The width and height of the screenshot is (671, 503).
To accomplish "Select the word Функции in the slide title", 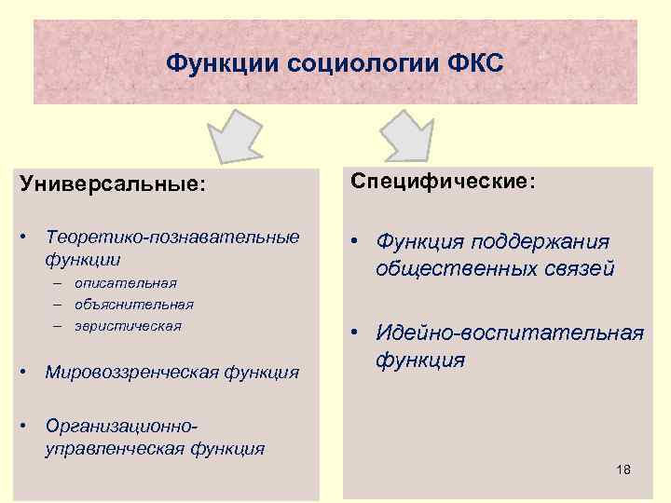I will [225, 64].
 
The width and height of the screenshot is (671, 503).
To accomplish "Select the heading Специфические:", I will [442, 181].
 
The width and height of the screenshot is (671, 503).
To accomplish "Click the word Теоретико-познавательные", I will [172, 238].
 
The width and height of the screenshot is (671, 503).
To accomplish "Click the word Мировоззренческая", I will [130, 373].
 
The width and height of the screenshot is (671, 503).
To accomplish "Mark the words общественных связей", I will [495, 269].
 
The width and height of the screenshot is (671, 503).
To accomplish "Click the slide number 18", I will [623, 469].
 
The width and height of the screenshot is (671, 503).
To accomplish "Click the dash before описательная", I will [58, 282].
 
